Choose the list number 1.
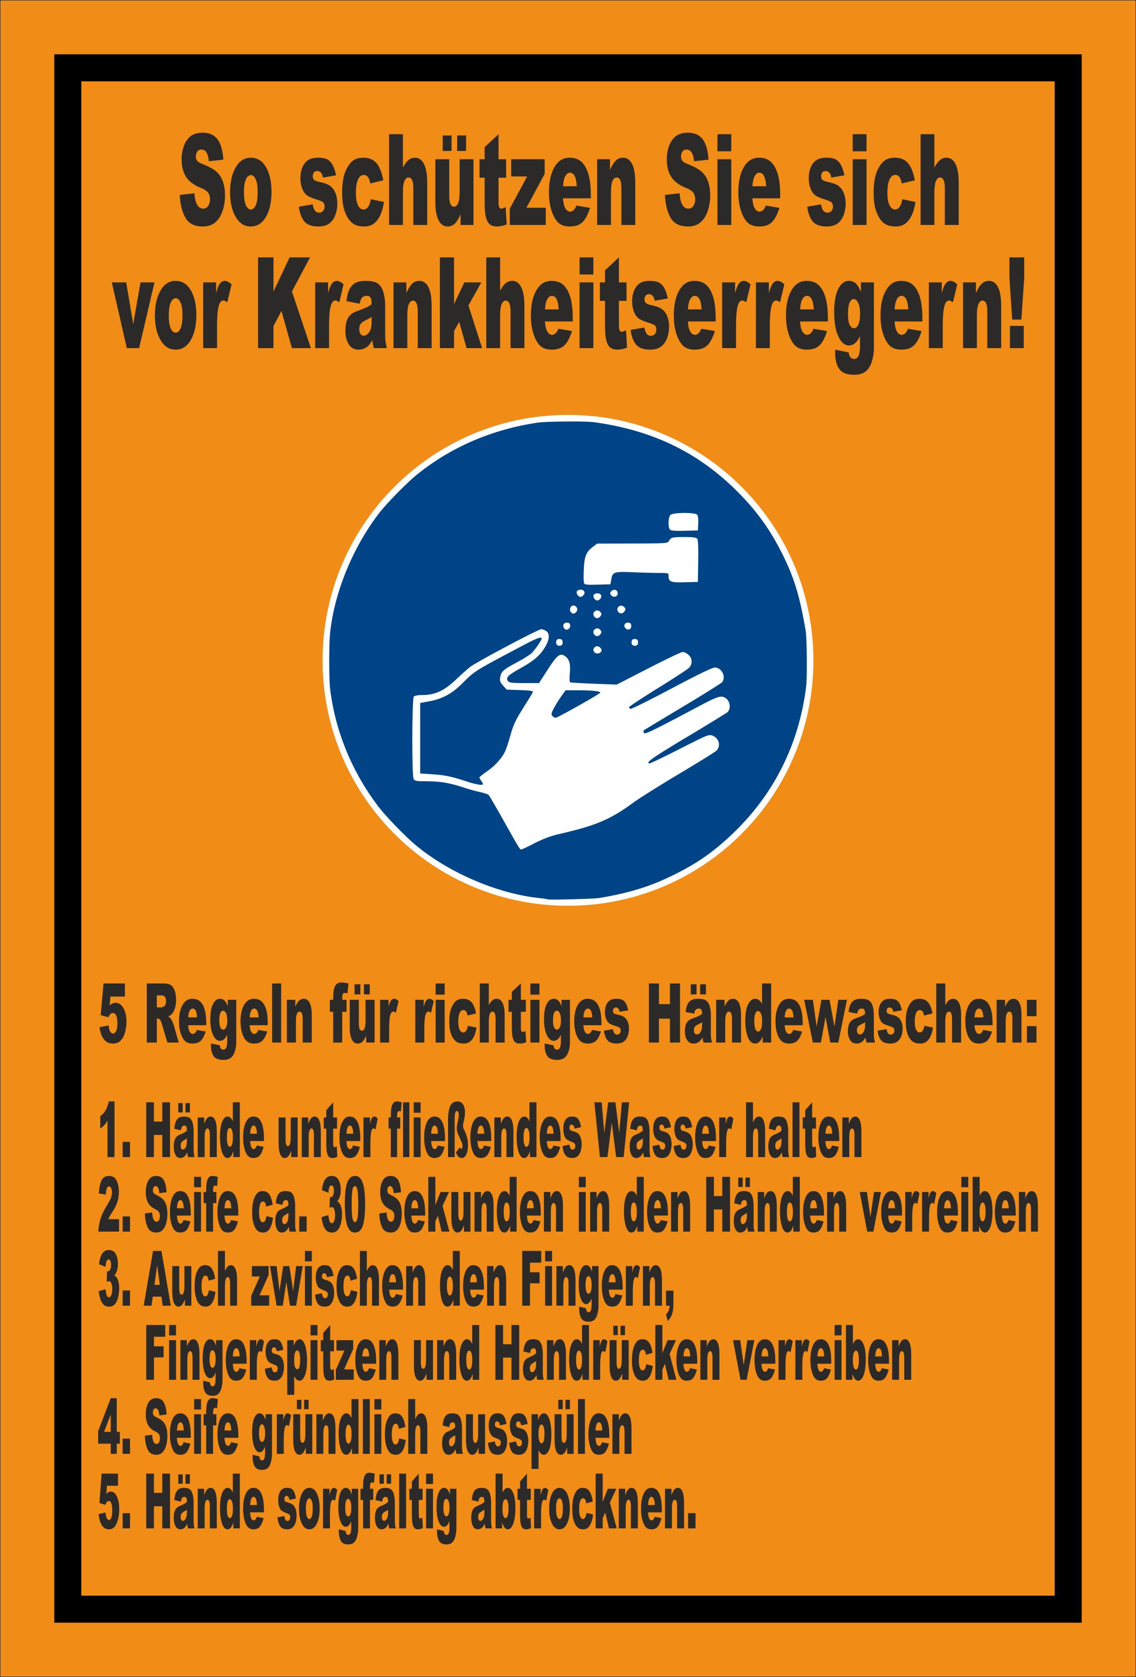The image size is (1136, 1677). point(109,1136)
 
